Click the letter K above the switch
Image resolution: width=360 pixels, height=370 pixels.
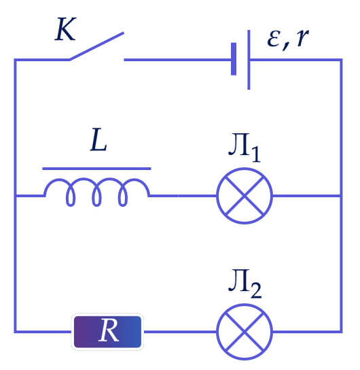click(65, 29)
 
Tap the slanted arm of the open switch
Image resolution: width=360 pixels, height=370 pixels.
click(96, 46)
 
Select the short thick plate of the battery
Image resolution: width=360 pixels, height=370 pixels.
click(234, 59)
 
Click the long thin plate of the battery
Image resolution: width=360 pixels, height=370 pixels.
click(249, 60)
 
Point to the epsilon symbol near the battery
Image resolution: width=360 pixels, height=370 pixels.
click(274, 39)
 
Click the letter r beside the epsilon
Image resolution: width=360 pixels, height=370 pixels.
click(302, 38)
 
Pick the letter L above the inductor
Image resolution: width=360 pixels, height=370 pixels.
click(98, 139)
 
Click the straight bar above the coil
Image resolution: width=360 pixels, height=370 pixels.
click(96, 169)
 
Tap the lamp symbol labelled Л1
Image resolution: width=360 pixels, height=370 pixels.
click(245, 196)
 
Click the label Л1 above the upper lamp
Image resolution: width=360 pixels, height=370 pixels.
click(245, 148)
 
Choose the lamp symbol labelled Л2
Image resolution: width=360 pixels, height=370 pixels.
click(245, 332)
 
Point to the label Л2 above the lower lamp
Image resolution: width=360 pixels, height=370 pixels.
click(245, 284)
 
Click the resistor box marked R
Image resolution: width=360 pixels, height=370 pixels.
click(107, 332)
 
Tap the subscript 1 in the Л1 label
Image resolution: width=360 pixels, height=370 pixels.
click(256, 154)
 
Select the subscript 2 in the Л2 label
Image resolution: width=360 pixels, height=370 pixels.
click(256, 290)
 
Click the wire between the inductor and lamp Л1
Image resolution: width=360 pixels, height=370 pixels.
click(183, 196)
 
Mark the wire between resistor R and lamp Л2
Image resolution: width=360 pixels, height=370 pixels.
click(180, 332)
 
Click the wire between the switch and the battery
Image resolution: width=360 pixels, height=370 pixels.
click(177, 60)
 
